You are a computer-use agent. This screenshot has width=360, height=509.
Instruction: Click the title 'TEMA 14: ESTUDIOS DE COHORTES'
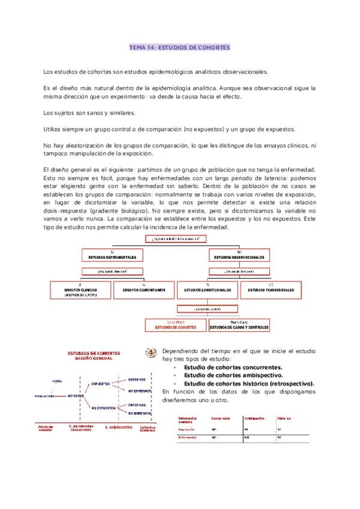[179, 46]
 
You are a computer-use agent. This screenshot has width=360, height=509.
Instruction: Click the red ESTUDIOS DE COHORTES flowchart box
[176, 327]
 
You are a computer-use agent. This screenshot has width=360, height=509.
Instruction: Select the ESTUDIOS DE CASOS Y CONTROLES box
[239, 327]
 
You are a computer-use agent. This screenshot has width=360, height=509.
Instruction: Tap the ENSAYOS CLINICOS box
[80, 291]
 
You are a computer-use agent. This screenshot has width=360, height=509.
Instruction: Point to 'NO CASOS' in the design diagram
[76, 396]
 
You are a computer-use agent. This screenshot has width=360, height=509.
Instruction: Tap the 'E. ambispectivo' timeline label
[118, 427]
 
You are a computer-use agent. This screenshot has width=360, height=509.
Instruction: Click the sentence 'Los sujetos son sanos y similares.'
[89, 112]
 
